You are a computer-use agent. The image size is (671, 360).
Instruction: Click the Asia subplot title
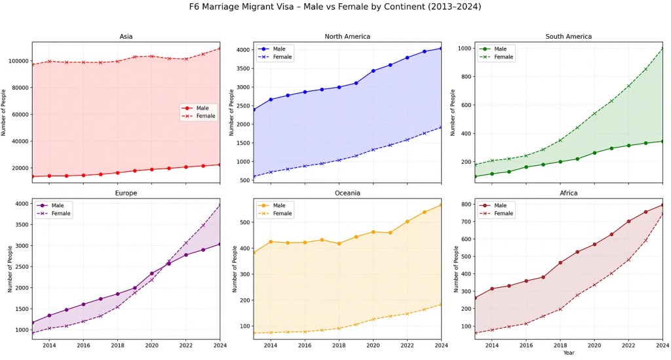coord(126,37)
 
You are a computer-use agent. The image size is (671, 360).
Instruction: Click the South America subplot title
coord(568,37)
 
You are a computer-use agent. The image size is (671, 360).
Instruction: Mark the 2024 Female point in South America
coord(662,48)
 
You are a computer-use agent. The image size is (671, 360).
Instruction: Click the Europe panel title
coord(126,193)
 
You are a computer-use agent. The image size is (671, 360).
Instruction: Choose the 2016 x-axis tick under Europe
coord(83,345)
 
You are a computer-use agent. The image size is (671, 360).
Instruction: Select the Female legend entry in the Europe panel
coord(62,213)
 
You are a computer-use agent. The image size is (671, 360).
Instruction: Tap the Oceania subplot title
coord(347,193)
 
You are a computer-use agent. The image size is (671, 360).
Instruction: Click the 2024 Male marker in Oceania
coord(441,205)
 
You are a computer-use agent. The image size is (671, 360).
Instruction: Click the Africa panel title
coord(568,193)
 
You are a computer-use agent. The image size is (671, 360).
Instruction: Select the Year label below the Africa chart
coord(568,353)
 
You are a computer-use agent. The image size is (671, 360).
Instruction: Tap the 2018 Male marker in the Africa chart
coord(560,262)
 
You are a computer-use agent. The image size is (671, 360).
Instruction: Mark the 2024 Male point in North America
coord(441,48)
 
